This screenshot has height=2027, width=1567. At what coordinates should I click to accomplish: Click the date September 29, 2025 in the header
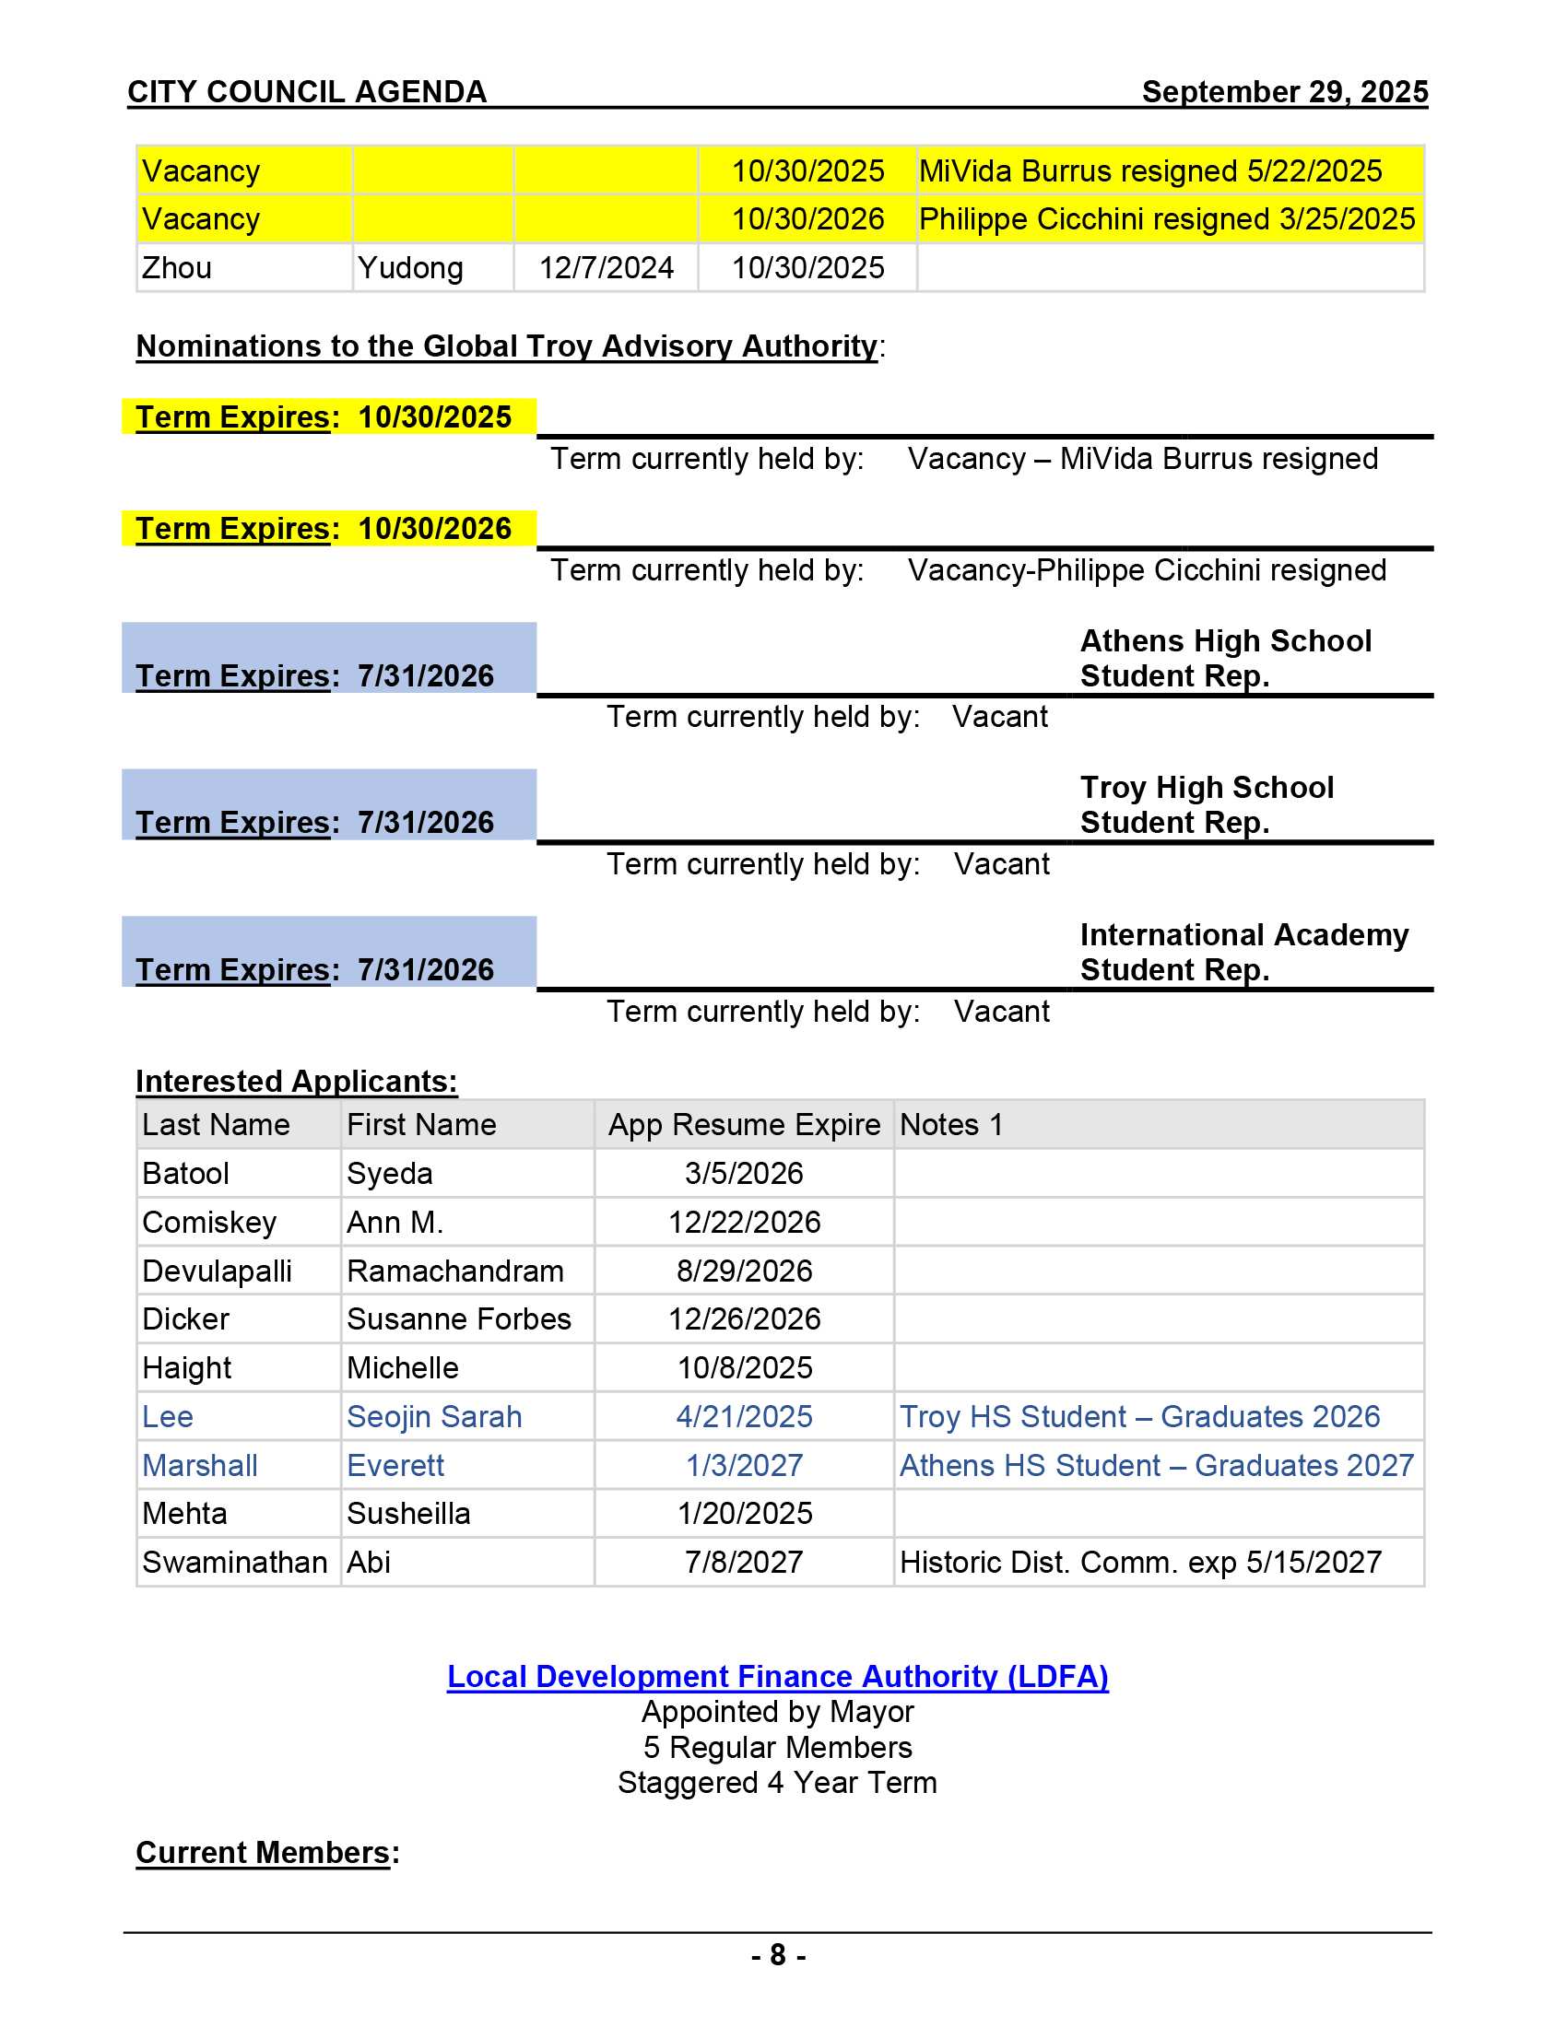1284,92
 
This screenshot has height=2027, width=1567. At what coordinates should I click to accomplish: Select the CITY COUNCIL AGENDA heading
306,92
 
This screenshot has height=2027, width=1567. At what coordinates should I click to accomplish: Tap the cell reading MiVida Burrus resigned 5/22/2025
1150,171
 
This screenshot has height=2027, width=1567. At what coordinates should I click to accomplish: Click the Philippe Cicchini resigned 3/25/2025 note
1166,219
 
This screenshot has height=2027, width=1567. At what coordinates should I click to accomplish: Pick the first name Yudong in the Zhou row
410,268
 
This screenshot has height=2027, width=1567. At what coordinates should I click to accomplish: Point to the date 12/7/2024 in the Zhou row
606,268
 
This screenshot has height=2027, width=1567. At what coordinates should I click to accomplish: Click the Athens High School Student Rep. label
1224,658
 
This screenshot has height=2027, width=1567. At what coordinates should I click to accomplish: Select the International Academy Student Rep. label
1243,952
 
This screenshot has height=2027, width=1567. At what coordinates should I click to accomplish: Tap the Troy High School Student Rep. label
1206,804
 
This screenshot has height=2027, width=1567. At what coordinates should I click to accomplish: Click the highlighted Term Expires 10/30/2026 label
323,528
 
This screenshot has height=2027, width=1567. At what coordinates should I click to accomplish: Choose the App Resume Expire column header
744,1125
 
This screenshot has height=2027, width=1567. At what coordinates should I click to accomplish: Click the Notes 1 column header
950,1125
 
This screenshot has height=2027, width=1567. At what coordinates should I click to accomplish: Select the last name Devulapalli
217,1271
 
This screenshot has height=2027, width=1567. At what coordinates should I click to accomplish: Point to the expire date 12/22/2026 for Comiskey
744,1223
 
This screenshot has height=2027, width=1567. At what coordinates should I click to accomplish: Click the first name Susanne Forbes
459,1319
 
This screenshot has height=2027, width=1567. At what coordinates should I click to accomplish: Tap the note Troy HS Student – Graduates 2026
1139,1417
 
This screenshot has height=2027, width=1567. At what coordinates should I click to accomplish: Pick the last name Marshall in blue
200,1466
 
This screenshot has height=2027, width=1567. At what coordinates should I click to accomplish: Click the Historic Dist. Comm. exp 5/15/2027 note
1140,1563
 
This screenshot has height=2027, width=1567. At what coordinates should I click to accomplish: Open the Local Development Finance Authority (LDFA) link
777,1677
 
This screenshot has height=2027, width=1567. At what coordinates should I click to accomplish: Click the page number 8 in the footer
778,1955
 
